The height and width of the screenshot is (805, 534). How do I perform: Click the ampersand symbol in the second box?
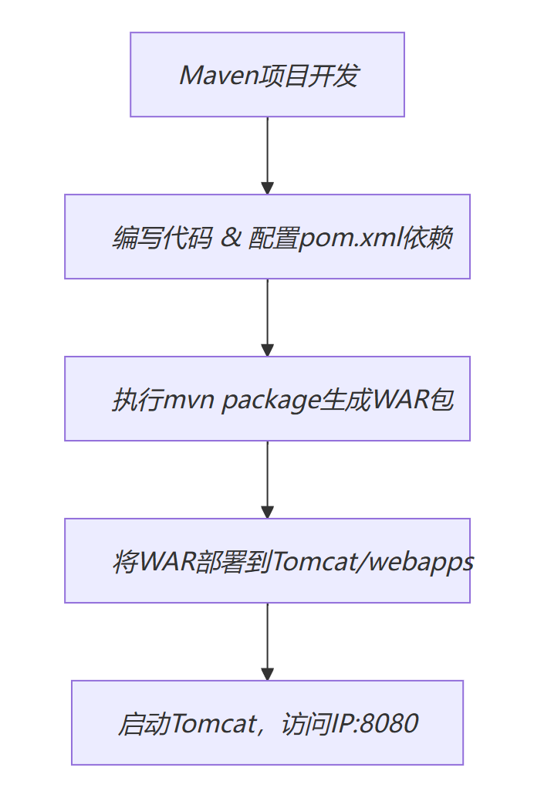click(230, 238)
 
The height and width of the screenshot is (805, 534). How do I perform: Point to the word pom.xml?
click(334, 238)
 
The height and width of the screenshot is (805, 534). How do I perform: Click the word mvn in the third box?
click(191, 401)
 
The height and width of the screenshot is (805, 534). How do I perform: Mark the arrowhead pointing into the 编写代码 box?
click(267, 188)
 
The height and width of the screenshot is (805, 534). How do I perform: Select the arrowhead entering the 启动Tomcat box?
click(267, 675)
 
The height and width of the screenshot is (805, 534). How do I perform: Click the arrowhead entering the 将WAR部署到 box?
click(267, 512)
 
